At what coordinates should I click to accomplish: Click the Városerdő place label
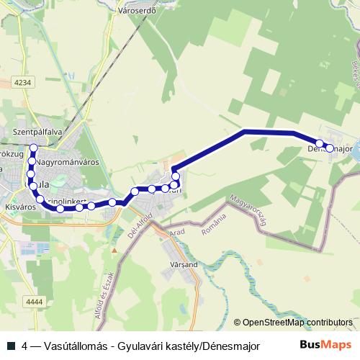[136, 12]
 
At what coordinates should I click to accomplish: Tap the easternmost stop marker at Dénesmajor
[330, 148]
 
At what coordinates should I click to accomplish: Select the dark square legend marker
[11, 345]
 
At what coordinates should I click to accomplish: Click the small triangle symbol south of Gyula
[114, 249]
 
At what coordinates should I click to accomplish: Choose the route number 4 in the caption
[25, 345]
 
